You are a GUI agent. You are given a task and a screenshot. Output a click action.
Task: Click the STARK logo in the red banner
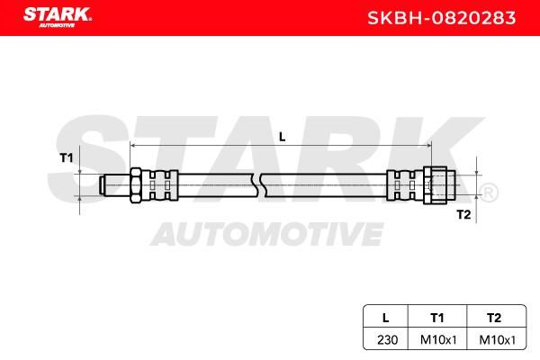click(58, 17)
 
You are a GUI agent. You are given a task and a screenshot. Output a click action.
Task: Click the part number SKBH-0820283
click(442, 18)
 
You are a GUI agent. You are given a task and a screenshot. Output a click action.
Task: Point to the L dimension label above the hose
click(282, 137)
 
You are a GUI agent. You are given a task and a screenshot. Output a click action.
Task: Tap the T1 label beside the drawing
click(67, 157)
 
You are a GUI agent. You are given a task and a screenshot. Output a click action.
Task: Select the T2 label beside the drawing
click(463, 214)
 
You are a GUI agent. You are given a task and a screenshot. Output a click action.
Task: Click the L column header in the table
click(386, 318)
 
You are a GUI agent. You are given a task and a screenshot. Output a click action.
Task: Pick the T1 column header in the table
click(437, 318)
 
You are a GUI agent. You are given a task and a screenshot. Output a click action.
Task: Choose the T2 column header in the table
click(494, 318)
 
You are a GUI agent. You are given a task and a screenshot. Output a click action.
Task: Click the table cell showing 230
click(387, 340)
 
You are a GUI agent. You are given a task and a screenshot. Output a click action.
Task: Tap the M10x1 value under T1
click(438, 340)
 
